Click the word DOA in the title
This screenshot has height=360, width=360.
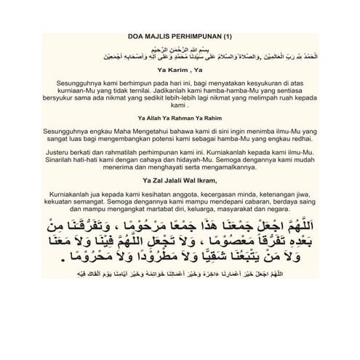[135, 35]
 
